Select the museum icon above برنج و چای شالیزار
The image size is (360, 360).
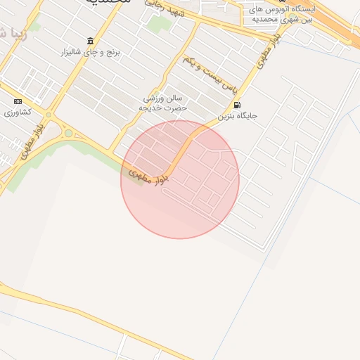pos(90,41)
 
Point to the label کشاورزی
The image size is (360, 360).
pos(17,112)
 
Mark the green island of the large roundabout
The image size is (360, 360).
pos(68,133)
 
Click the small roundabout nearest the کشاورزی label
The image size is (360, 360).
pos(49,115)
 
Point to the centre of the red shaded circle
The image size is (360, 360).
pos(180,179)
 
